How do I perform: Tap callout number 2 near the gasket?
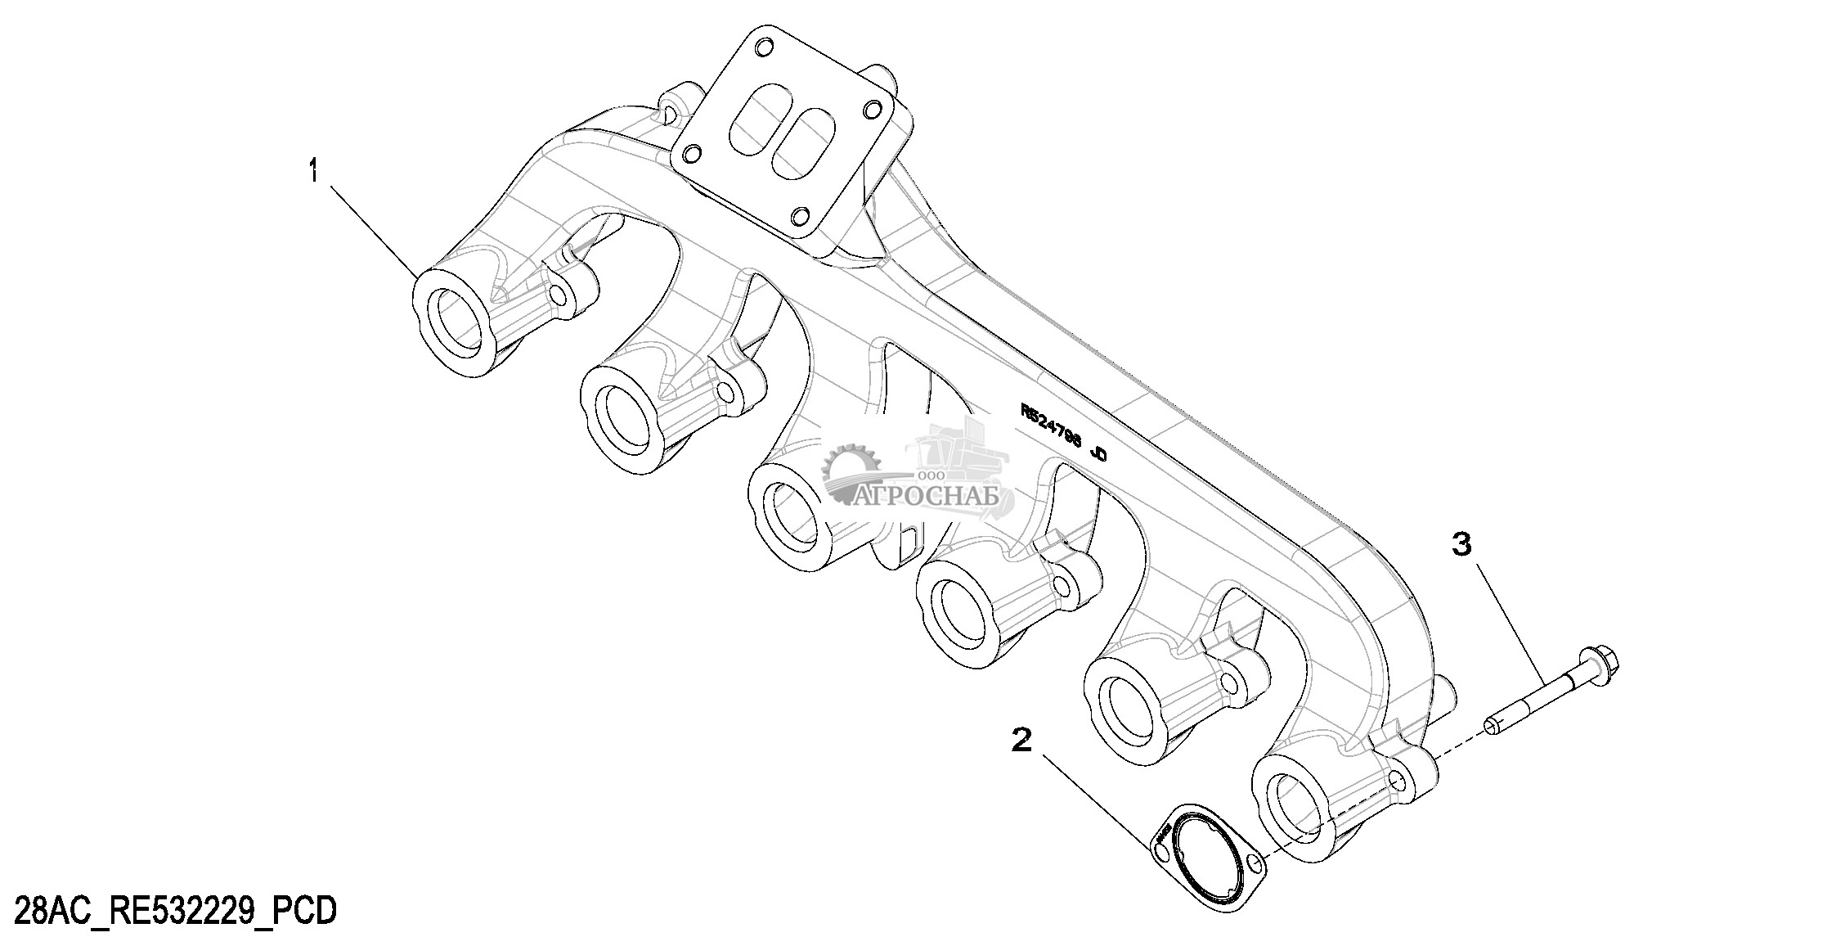(1021, 741)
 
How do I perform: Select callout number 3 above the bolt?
(1461, 543)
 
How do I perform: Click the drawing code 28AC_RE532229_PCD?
(169, 911)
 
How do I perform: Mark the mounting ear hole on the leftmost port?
(559, 294)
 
